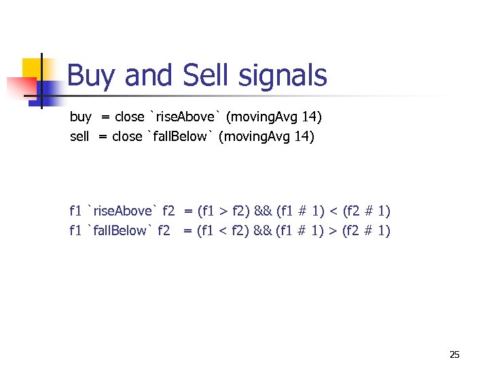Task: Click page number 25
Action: pyautogui.click(x=454, y=354)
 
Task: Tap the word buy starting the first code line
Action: pyautogui.click(x=80, y=117)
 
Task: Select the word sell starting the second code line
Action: pyautogui.click(x=79, y=137)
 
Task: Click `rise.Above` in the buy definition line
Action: pyautogui.click(x=184, y=117)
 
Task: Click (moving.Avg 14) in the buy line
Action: pyautogui.click(x=274, y=117)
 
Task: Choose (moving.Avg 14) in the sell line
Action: pyautogui.click(x=267, y=137)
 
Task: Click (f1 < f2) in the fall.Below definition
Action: pyautogui.click(x=223, y=230)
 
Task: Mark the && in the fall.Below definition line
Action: pyautogui.click(x=263, y=230)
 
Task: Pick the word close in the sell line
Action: pyautogui.click(x=127, y=137)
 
